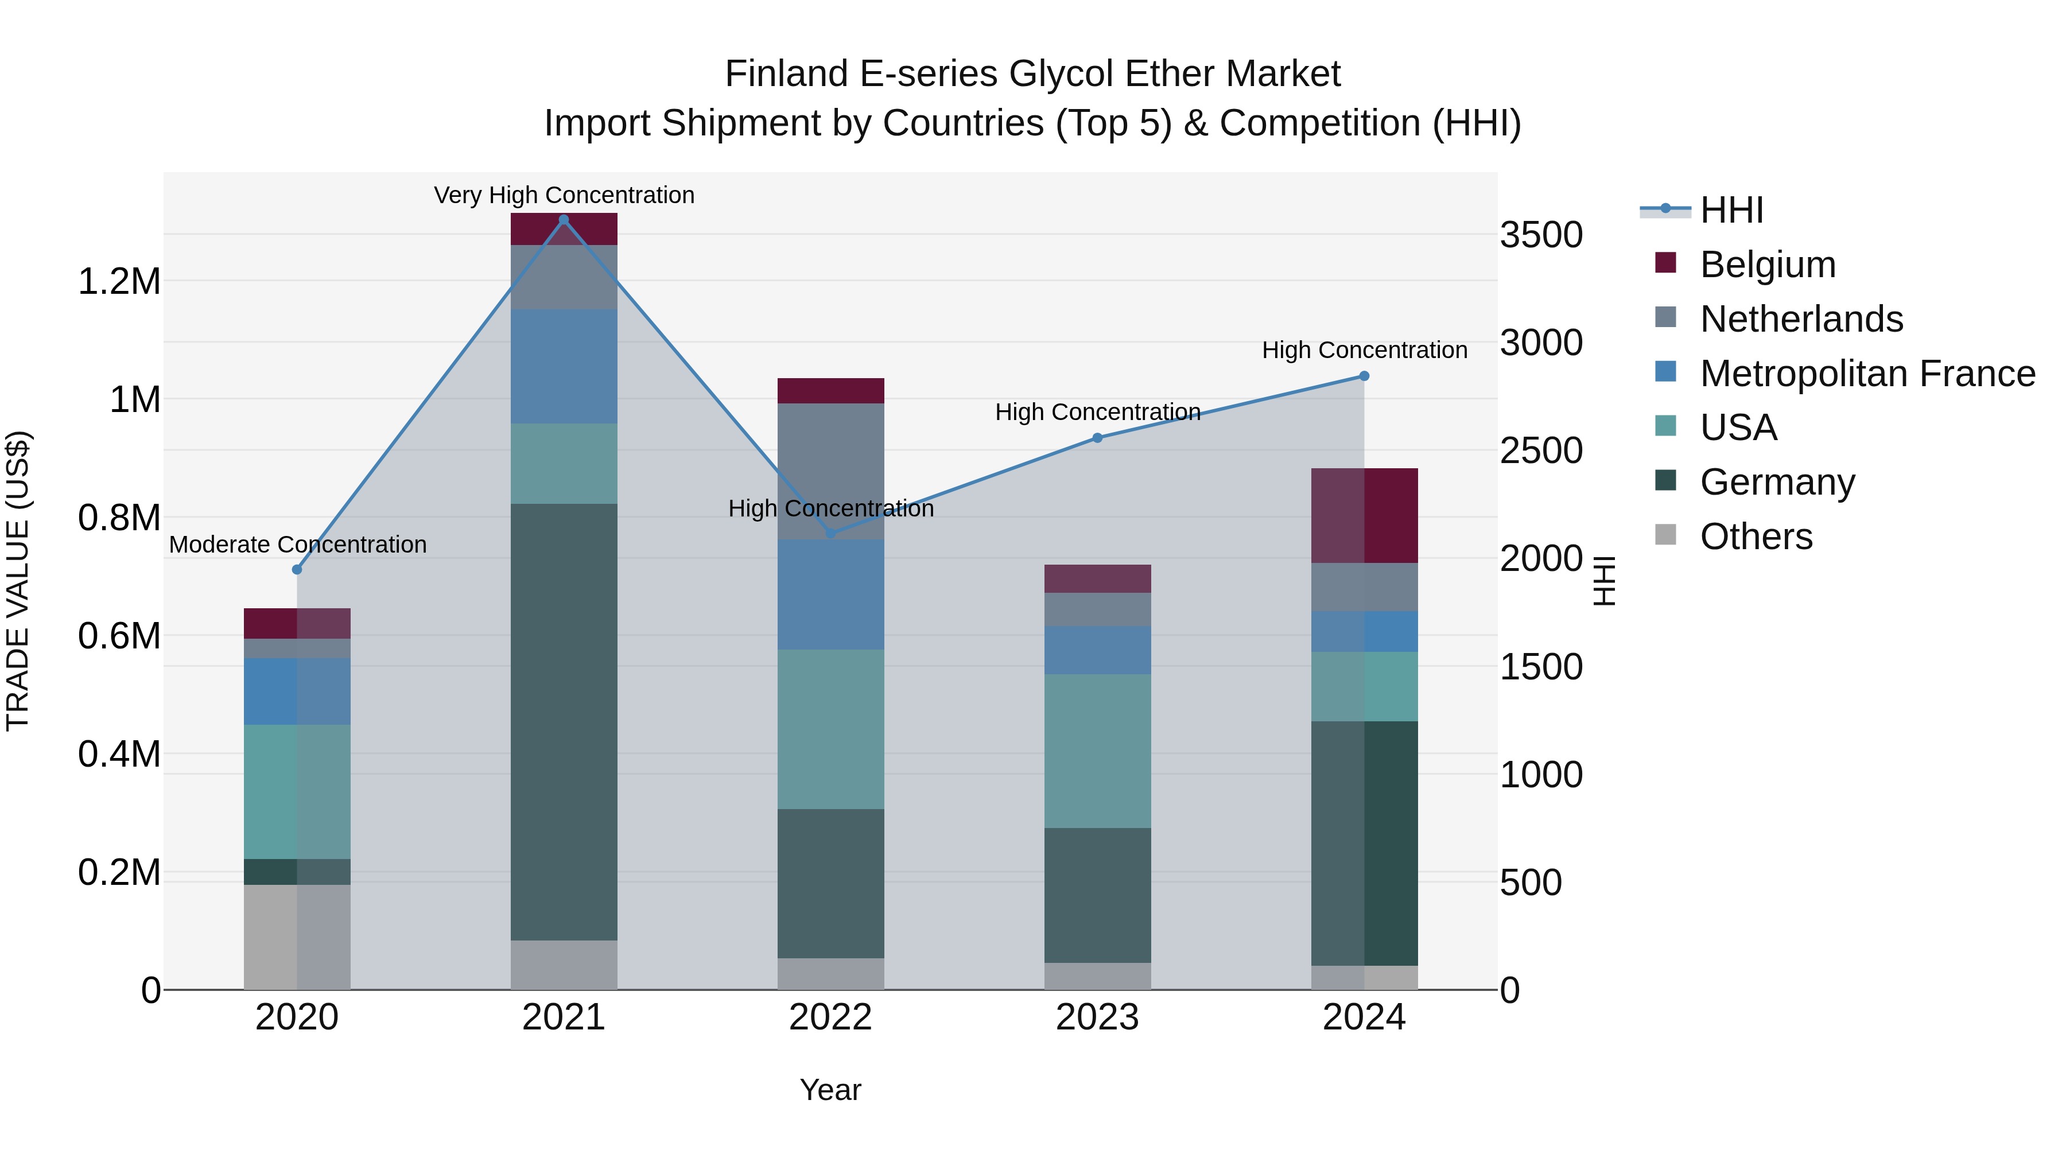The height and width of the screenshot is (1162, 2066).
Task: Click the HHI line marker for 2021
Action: [x=564, y=220]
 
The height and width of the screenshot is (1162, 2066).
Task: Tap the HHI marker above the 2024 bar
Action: [x=1364, y=376]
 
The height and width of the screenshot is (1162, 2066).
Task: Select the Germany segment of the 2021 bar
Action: [x=564, y=722]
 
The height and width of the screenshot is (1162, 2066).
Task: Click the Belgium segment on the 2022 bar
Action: [x=831, y=391]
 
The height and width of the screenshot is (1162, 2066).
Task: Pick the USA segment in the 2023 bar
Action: [x=1097, y=751]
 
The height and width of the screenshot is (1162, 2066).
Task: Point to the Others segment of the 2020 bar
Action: [x=297, y=936]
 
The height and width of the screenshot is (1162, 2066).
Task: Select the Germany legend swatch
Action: [x=1666, y=481]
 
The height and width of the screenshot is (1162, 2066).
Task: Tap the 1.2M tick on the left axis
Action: [x=119, y=282]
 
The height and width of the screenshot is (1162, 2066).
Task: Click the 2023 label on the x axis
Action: [x=1097, y=1017]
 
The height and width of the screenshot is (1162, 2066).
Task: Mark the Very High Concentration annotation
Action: [x=564, y=195]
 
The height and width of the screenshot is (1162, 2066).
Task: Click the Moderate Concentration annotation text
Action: [x=297, y=545]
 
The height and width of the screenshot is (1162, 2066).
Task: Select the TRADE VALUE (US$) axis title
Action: [x=18, y=581]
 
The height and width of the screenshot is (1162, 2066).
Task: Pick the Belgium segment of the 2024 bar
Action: [x=1364, y=516]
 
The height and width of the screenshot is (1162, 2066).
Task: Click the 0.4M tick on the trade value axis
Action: [x=119, y=755]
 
